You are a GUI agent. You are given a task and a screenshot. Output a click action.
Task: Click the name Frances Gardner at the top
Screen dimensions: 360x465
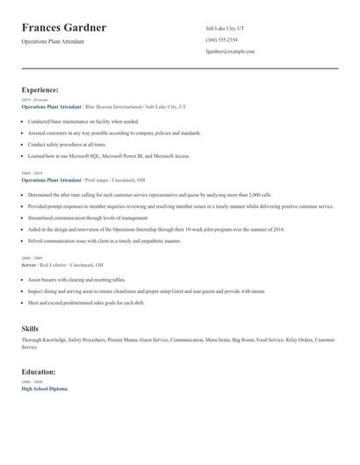coord(64,28)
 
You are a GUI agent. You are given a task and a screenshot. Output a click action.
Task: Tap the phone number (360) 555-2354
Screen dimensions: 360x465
coord(221,39)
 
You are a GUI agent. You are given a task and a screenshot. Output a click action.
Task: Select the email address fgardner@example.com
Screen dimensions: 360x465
coord(230,51)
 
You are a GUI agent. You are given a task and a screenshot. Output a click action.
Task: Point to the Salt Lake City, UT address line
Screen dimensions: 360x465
coord(225,28)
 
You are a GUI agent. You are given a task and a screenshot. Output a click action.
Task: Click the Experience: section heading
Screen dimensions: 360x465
coord(40,89)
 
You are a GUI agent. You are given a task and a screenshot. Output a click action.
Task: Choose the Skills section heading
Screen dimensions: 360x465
coord(30,328)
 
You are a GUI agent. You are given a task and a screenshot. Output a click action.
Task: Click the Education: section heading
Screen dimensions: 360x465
coord(39,371)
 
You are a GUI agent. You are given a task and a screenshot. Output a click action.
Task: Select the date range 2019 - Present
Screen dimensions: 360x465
coord(34,100)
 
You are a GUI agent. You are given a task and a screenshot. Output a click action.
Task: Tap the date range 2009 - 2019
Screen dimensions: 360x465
coord(32,174)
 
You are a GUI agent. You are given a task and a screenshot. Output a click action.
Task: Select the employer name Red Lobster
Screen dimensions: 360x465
coord(57,264)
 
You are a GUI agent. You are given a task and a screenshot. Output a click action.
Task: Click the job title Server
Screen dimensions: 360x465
coord(29,264)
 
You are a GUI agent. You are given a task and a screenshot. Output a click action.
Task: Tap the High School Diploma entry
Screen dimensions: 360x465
coord(44,388)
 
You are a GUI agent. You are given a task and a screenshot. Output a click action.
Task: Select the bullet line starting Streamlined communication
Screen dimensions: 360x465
coord(88,217)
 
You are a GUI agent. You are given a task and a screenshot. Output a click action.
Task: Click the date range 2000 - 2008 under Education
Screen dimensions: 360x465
coord(32,382)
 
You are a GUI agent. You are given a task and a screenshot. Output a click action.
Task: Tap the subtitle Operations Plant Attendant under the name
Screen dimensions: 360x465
coord(53,41)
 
